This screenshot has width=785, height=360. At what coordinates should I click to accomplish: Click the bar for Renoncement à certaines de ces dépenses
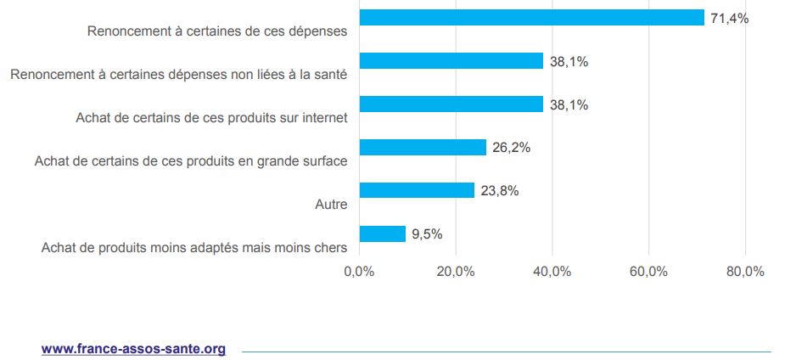pyautogui.click(x=531, y=18)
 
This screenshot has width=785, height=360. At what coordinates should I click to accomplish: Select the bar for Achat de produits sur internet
pyautogui.click(x=451, y=104)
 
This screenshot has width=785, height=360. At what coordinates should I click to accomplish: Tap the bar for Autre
pyautogui.click(x=417, y=190)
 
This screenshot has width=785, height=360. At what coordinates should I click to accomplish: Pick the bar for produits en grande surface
pyautogui.click(x=423, y=148)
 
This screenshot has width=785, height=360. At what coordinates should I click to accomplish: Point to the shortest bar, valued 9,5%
pyautogui.click(x=383, y=233)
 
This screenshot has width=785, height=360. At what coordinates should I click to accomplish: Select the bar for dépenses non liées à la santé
pyautogui.click(x=451, y=61)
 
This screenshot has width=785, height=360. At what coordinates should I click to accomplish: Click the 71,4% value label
pyautogui.click(x=729, y=18)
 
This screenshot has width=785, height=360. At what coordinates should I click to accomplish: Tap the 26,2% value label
pyautogui.click(x=511, y=148)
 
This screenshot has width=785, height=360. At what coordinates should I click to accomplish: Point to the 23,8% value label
pyautogui.click(x=499, y=190)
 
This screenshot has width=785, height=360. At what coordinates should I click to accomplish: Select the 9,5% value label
pyautogui.click(x=427, y=233)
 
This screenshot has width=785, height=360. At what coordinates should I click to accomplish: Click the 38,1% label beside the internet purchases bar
pyautogui.click(x=569, y=104)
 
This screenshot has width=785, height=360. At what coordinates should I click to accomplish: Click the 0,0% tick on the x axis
pyautogui.click(x=359, y=272)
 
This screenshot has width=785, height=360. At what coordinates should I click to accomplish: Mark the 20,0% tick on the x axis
pyautogui.click(x=456, y=272)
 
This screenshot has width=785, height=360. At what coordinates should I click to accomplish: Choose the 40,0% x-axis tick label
pyautogui.click(x=552, y=272)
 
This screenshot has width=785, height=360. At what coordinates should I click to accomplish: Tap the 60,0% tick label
pyautogui.click(x=648, y=272)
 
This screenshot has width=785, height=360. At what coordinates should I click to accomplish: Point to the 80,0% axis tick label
pyautogui.click(x=745, y=272)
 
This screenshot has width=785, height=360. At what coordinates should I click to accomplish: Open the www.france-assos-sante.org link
pyautogui.click(x=133, y=348)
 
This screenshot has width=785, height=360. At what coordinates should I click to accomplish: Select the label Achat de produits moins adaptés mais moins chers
pyautogui.click(x=194, y=248)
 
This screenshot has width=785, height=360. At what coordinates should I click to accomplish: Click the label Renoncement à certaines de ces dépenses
pyautogui.click(x=217, y=32)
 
